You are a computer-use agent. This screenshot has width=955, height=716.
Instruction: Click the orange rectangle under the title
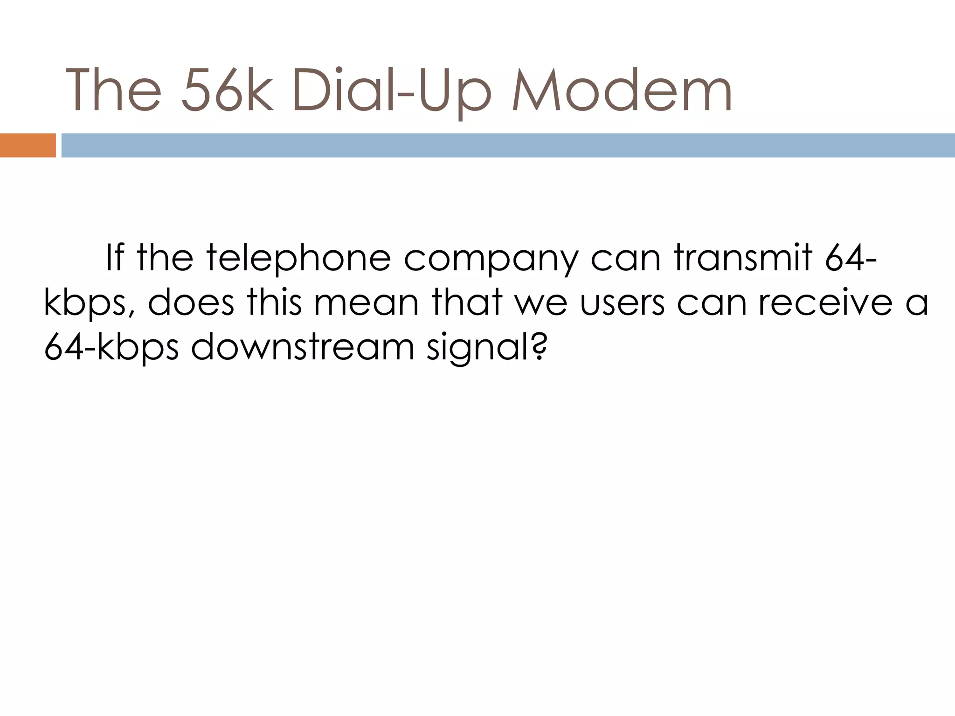[x=28, y=145]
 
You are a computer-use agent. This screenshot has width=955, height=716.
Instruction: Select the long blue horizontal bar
[x=508, y=145]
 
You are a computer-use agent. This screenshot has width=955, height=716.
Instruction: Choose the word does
[x=191, y=303]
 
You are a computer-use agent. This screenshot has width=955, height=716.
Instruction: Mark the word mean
[x=366, y=303]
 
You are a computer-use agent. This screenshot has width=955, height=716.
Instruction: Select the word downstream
[x=303, y=347]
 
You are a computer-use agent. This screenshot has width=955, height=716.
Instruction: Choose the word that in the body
[x=467, y=303]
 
